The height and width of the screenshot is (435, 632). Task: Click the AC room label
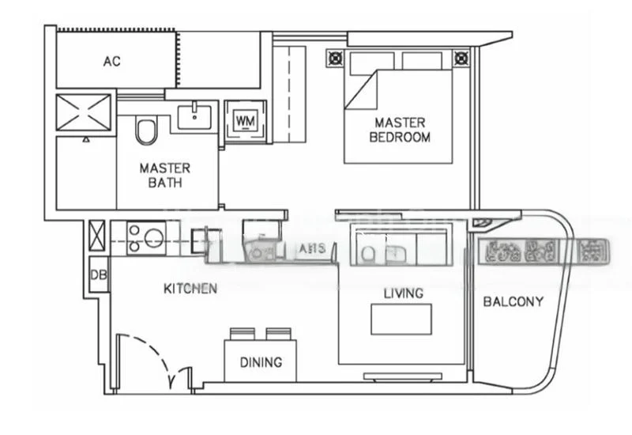[x=111, y=62]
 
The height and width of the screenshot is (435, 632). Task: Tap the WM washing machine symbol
[x=246, y=121]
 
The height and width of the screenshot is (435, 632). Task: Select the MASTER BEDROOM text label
[x=400, y=130]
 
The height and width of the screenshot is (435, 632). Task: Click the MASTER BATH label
[x=164, y=175]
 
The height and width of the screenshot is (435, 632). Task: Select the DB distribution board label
[x=98, y=275]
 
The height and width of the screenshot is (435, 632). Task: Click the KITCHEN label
[x=190, y=289]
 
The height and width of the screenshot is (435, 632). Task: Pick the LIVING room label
[x=403, y=293]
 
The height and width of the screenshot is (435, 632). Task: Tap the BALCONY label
[x=513, y=301]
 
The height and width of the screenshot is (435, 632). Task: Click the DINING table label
[x=261, y=362]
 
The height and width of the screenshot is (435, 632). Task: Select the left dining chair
[x=240, y=334]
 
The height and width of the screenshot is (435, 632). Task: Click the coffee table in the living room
[x=401, y=319]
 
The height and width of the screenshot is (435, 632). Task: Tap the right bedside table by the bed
[x=460, y=58]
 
